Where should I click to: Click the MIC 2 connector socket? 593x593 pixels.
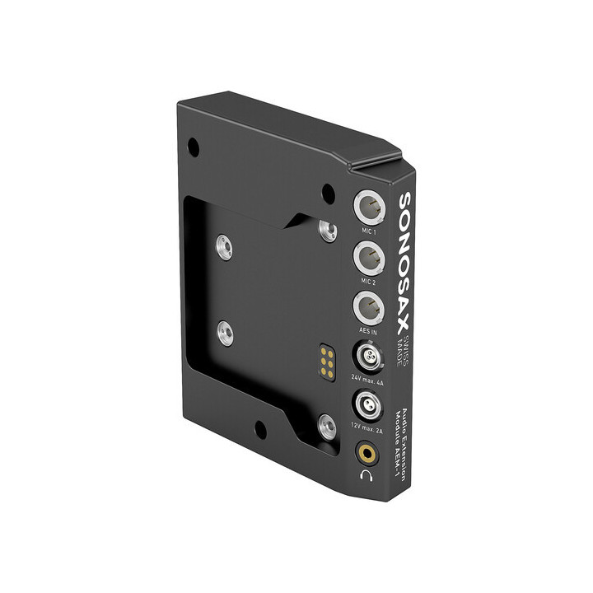point(367,259)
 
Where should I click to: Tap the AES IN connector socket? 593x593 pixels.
point(367,310)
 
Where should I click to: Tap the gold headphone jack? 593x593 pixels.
point(364,451)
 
